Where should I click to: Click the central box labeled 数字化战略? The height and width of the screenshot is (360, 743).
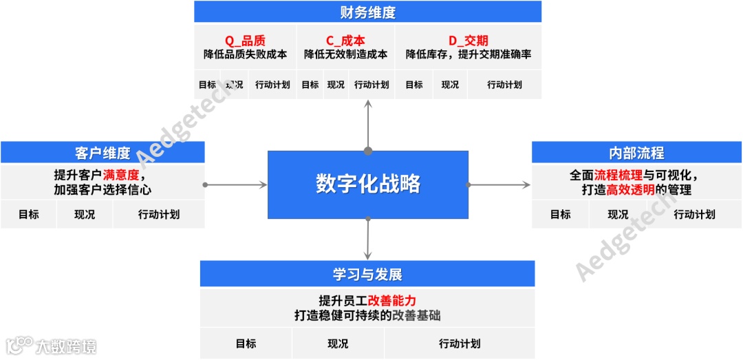coord(368,184)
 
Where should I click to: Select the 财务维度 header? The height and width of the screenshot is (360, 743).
coord(367,12)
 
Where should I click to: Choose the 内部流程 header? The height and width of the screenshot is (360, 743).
coord(636,153)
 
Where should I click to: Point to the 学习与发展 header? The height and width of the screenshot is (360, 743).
coord(367,274)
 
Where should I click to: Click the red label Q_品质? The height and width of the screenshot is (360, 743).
coord(245,41)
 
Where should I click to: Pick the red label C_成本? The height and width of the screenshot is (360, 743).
coord(345,41)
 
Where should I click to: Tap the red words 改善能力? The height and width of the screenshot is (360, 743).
coord(392,301)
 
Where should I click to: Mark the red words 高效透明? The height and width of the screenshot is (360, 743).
coord(630,190)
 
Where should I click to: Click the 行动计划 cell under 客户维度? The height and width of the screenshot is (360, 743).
coord(159,214)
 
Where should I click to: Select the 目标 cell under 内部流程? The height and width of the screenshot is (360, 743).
coord(560,214)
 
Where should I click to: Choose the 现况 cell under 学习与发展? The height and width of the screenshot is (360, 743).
coord(338,343)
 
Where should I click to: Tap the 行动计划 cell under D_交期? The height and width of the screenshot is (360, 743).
coord(504,85)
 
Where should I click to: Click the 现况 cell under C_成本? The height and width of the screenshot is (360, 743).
coord(336,85)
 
